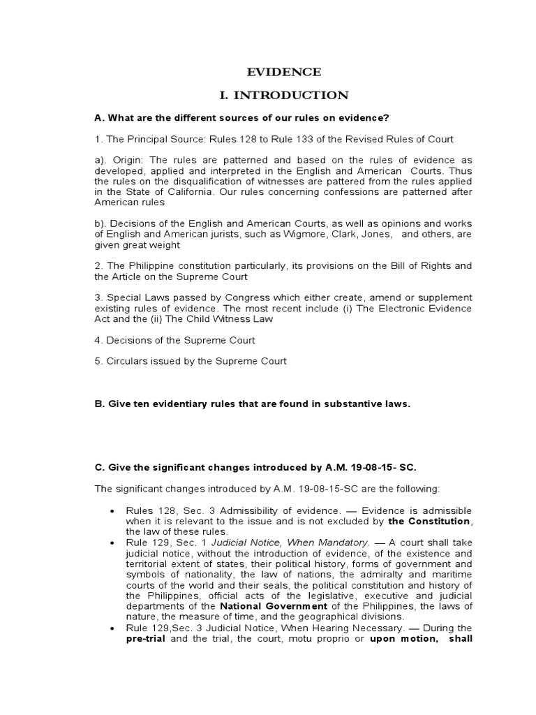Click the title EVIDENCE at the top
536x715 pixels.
tap(284, 72)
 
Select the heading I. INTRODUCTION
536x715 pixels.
tap(283, 95)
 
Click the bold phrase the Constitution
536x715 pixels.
tap(430, 521)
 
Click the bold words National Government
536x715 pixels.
tap(264, 606)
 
